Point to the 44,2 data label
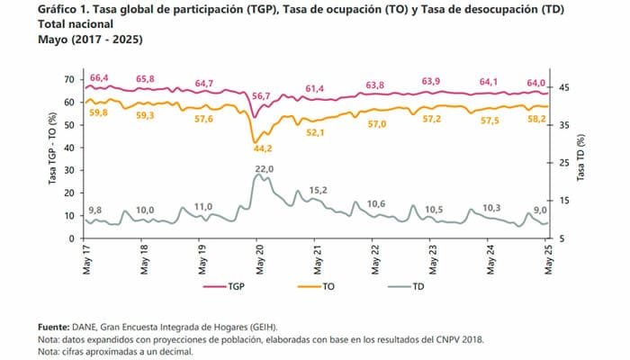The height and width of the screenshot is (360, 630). click(x=263, y=148)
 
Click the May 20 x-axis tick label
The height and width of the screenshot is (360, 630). click(x=259, y=259)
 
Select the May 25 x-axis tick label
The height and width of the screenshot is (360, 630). click(x=548, y=259)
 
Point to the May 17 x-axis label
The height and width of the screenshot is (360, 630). click(x=86, y=259)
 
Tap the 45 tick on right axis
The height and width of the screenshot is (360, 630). click(x=565, y=87)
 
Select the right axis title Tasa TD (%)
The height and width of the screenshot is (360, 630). click(x=581, y=158)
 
